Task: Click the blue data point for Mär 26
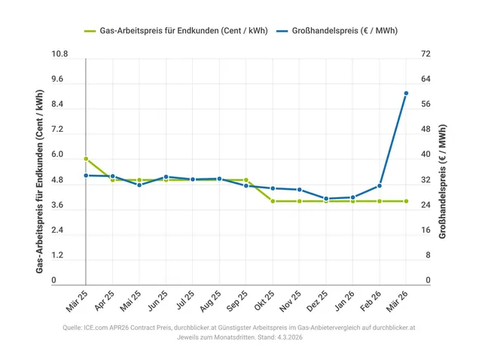point(406,93)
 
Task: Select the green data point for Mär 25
point(86,159)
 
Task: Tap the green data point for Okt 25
point(273,201)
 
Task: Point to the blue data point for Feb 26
point(380,186)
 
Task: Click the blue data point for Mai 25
point(139,185)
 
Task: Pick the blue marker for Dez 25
point(326,199)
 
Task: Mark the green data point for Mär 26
point(406,201)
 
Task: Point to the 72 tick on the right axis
point(426,55)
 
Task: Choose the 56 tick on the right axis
point(426,105)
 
